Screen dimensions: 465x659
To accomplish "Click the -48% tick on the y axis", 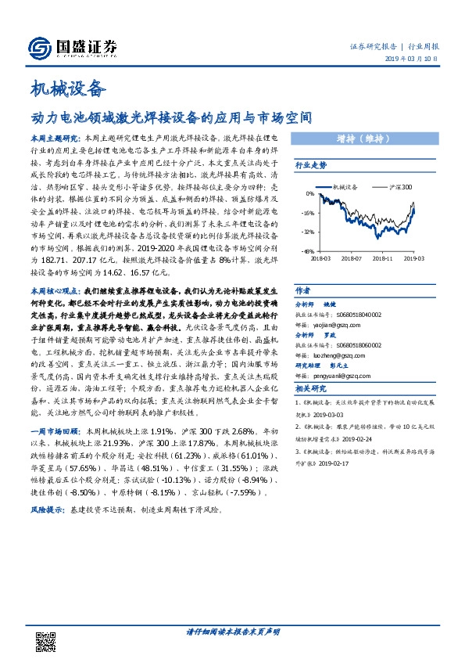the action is [309, 251].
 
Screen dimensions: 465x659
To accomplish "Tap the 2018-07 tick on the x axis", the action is [350, 257].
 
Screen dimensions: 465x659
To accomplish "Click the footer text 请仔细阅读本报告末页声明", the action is [233, 631].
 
